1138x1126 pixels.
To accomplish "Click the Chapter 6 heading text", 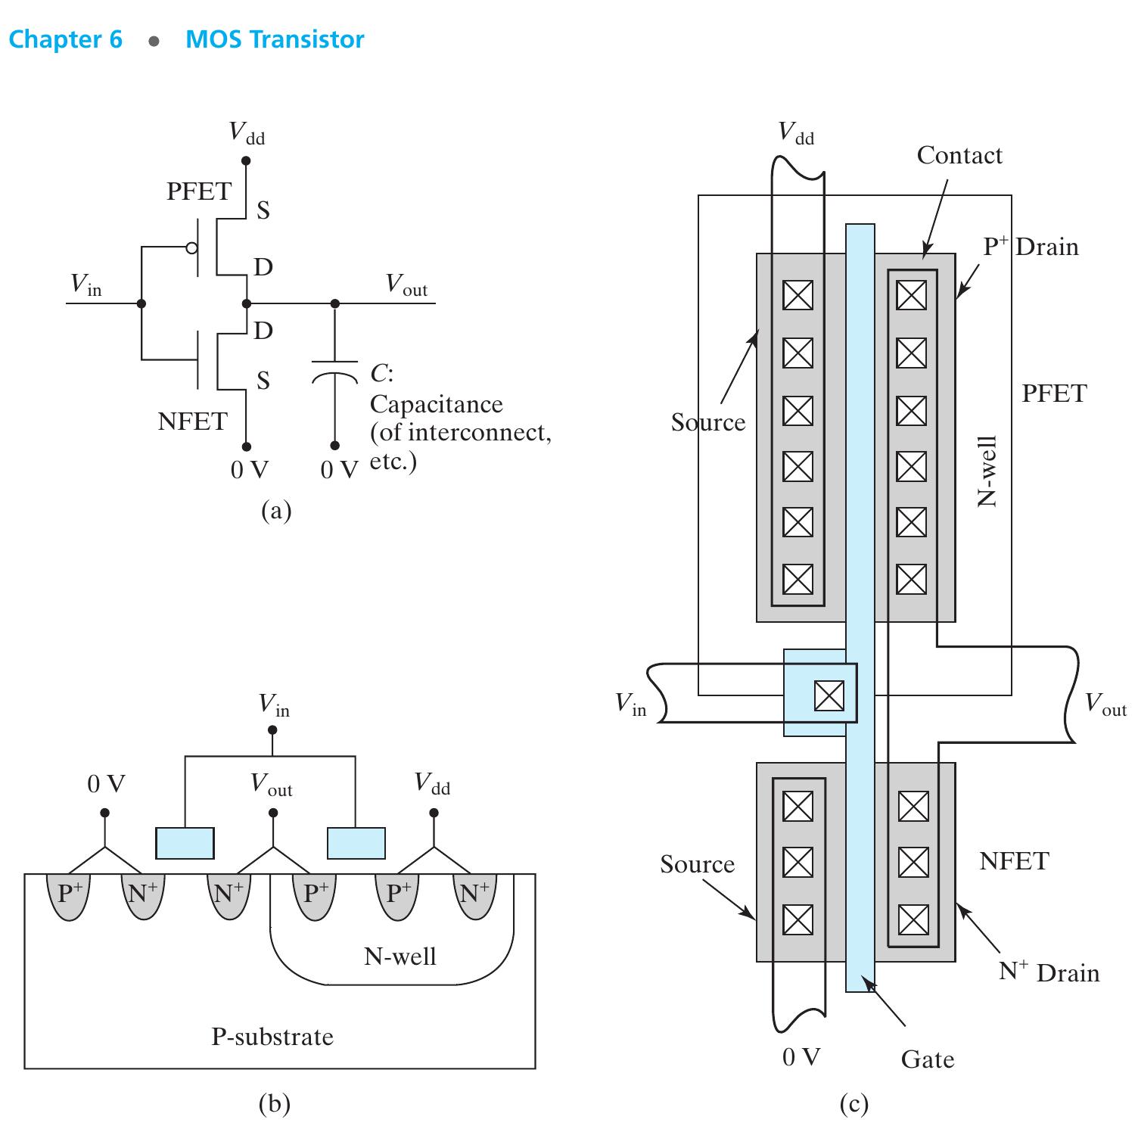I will tap(65, 39).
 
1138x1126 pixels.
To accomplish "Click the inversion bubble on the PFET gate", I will tap(192, 247).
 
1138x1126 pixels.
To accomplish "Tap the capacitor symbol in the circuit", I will tap(334, 371).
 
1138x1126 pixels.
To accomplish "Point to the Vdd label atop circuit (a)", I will tap(247, 134).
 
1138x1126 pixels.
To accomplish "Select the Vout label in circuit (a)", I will tap(406, 285).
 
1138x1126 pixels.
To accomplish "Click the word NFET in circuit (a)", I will tap(192, 421).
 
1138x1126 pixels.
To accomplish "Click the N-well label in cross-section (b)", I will tap(400, 956).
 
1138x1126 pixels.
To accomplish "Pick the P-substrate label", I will tap(272, 1036).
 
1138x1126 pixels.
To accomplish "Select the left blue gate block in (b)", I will tap(185, 843).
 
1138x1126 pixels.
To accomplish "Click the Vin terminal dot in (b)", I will tap(272, 730).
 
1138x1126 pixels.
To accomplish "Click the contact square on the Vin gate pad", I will tap(829, 695).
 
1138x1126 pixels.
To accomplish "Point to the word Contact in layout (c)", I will tap(959, 155).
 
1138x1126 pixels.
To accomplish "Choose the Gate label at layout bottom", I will tap(927, 1059).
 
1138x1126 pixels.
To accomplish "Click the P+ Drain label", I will tap(1031, 247).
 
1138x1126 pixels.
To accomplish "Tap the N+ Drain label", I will tap(1048, 972).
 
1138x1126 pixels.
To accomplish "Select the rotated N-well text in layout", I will tap(987, 471).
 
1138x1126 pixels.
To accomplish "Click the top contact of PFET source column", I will tap(798, 295).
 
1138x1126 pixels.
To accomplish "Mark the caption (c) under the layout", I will tap(853, 1105).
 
